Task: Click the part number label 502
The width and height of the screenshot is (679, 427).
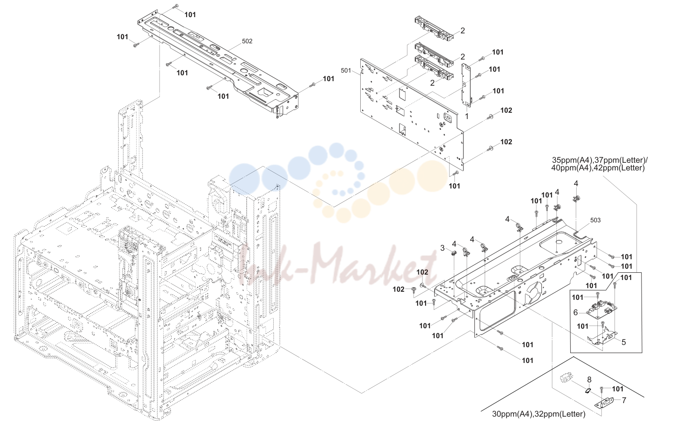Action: [247, 41]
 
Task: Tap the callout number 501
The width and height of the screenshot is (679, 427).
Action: [346, 71]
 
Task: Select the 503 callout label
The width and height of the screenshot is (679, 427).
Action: [595, 220]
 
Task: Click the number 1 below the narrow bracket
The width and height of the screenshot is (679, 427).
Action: [467, 116]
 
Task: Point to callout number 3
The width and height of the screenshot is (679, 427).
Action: [443, 248]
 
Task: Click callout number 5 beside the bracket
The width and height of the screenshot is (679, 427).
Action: [624, 342]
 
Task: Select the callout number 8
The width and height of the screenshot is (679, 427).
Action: [589, 380]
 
